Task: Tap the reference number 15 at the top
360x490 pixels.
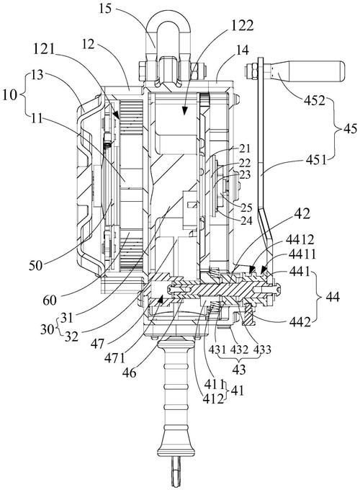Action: point(105,9)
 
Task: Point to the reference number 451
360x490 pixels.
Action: point(315,160)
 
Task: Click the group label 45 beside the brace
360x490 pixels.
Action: point(349,128)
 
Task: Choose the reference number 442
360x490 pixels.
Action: point(299,322)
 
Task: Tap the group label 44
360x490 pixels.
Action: point(332,296)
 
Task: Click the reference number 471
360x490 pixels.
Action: point(115,358)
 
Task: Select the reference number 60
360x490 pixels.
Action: point(50,300)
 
